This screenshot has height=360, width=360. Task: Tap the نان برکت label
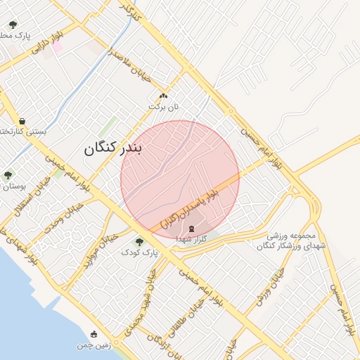[163, 106]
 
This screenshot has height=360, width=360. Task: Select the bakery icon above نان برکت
[163, 96]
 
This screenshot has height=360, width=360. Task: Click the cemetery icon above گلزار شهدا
[191, 228]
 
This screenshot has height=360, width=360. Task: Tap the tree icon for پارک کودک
[139, 242]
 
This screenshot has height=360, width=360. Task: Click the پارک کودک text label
[134, 252]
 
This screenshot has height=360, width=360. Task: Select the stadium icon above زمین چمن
[95, 333]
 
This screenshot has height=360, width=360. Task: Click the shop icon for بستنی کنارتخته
[23, 121]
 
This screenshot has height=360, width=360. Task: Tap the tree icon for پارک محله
[13, 25]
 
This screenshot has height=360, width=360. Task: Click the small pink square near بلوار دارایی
[58, 47]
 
